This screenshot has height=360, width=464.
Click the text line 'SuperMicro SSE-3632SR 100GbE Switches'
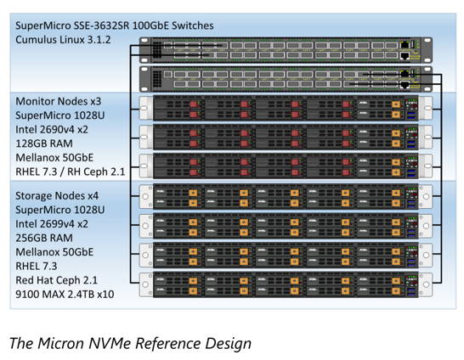(x=115, y=25)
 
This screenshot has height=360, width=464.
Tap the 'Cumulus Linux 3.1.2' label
(x=63, y=40)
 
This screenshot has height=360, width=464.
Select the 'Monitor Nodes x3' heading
(x=59, y=101)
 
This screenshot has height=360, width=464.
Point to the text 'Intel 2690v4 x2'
(x=52, y=129)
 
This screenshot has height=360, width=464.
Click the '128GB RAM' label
(x=44, y=143)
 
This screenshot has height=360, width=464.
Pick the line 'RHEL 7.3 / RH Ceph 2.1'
(x=71, y=172)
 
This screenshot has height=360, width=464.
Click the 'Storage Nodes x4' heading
(x=57, y=195)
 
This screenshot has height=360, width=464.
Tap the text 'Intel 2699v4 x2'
(x=52, y=224)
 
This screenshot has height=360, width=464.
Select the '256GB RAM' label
(x=44, y=238)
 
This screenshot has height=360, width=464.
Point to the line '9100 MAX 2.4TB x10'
(x=65, y=295)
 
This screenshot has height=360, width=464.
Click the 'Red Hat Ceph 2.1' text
(x=57, y=280)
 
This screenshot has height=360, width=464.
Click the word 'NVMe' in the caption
(x=109, y=344)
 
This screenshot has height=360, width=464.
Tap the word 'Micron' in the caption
(x=61, y=344)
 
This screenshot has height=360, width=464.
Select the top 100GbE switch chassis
(x=286, y=50)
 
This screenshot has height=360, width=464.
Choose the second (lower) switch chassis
(x=286, y=79)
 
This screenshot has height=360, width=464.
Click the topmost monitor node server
(x=286, y=108)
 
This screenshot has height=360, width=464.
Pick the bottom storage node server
(x=286, y=285)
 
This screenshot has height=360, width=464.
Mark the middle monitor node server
(x=286, y=138)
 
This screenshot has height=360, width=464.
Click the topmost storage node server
(x=286, y=196)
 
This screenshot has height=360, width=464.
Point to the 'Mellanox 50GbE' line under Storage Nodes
(x=54, y=252)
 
